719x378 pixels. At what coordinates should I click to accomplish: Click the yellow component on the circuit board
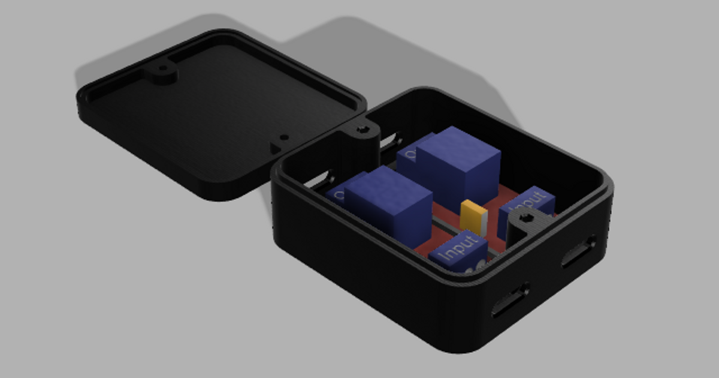click(473, 217)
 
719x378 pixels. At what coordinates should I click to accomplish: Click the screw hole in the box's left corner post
click(362, 130)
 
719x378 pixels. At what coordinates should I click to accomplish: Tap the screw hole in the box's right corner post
click(527, 218)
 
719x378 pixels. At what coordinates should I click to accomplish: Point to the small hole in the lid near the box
click(284, 137)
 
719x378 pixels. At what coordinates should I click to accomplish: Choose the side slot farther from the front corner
click(579, 251)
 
